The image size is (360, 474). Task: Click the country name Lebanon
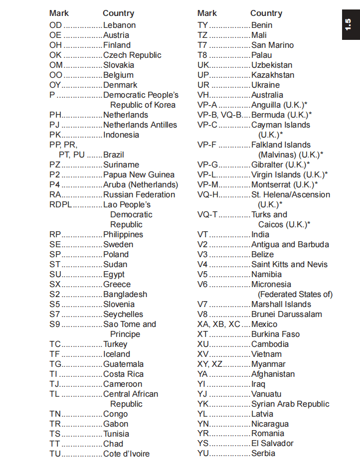pos(119,25)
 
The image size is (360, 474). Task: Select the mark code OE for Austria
pos(55,35)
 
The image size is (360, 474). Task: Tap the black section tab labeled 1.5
pos(349,24)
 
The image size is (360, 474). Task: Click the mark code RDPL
pos(60,204)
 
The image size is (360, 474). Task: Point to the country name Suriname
pos(121,164)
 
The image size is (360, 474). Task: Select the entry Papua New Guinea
pos(139,174)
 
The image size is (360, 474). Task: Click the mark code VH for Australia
pos(203,95)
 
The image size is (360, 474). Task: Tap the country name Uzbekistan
pos(272,65)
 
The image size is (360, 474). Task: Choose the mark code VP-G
pos(208,164)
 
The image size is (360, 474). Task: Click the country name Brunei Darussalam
pos(287,314)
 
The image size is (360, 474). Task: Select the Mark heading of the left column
pos(59,13)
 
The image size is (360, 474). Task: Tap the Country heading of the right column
pos(266,13)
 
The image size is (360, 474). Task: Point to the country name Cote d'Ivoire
pos(126,454)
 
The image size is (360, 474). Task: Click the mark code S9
pos(54,324)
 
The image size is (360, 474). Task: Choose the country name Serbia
pos(263,453)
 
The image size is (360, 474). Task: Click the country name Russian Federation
pos(139,194)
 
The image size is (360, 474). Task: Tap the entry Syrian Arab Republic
pos(290,404)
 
